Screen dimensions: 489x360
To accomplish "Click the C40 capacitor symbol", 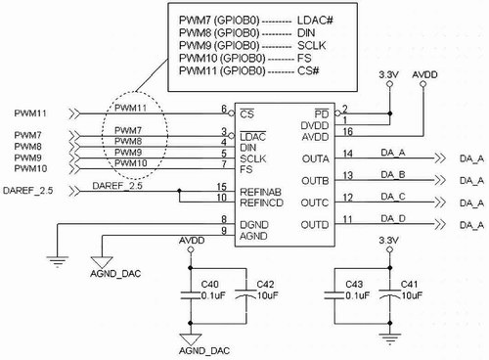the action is [x=191, y=295].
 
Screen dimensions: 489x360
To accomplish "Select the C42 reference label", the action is [x=265, y=285].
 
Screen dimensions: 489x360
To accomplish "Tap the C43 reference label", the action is [x=354, y=285].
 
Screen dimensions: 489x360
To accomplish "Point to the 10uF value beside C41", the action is [x=412, y=295].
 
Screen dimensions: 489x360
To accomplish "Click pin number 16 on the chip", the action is [x=348, y=131].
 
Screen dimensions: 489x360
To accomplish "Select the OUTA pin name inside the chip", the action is [x=315, y=158].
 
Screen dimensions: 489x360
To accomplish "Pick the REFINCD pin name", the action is [x=261, y=202].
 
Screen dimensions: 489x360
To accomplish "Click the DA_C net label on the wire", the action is [x=393, y=197].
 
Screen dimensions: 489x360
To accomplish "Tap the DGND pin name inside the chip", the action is [x=254, y=225].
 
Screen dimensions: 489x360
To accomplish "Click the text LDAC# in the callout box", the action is [x=315, y=21].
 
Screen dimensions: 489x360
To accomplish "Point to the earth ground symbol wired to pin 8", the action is [x=58, y=261].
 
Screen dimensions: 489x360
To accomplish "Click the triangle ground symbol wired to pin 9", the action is [x=102, y=262].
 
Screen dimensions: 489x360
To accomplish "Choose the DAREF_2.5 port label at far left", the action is [x=27, y=191].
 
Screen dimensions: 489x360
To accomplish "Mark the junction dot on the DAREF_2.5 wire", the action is [x=179, y=191].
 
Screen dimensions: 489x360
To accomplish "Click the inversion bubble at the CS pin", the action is [x=232, y=113].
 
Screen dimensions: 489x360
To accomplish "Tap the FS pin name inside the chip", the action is [x=246, y=169].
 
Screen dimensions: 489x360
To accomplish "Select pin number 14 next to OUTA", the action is [x=348, y=154].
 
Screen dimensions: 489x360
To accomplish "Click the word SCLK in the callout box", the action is [x=311, y=46].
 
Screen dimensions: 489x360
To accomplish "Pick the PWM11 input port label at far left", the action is [x=30, y=113].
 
